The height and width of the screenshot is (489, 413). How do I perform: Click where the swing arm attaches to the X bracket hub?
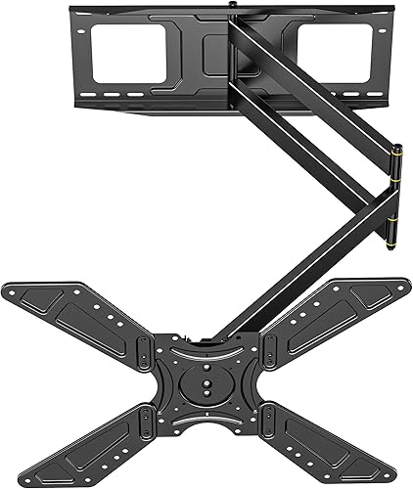pos(221,333)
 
